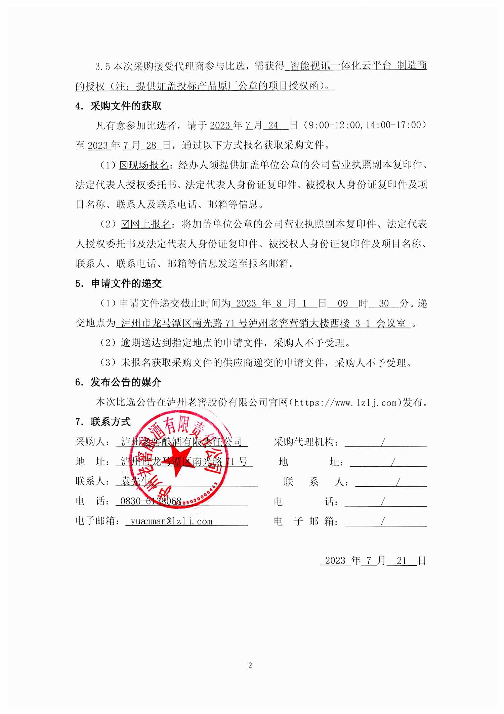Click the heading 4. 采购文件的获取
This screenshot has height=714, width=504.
[x=119, y=106]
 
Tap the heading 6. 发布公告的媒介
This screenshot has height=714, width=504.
[x=119, y=382]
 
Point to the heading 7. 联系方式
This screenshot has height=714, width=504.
[x=103, y=422]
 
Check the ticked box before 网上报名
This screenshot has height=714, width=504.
[x=125, y=224]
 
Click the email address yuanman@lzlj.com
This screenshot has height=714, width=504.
[x=171, y=521]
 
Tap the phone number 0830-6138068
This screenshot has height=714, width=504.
[x=151, y=502]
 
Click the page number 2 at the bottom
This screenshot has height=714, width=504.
[x=250, y=665]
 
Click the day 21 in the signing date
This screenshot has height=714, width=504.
[x=402, y=560]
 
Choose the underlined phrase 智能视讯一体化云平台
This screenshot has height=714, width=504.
[x=340, y=66]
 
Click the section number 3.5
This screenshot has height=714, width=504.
[x=102, y=67]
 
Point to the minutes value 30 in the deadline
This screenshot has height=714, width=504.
[x=384, y=304]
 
